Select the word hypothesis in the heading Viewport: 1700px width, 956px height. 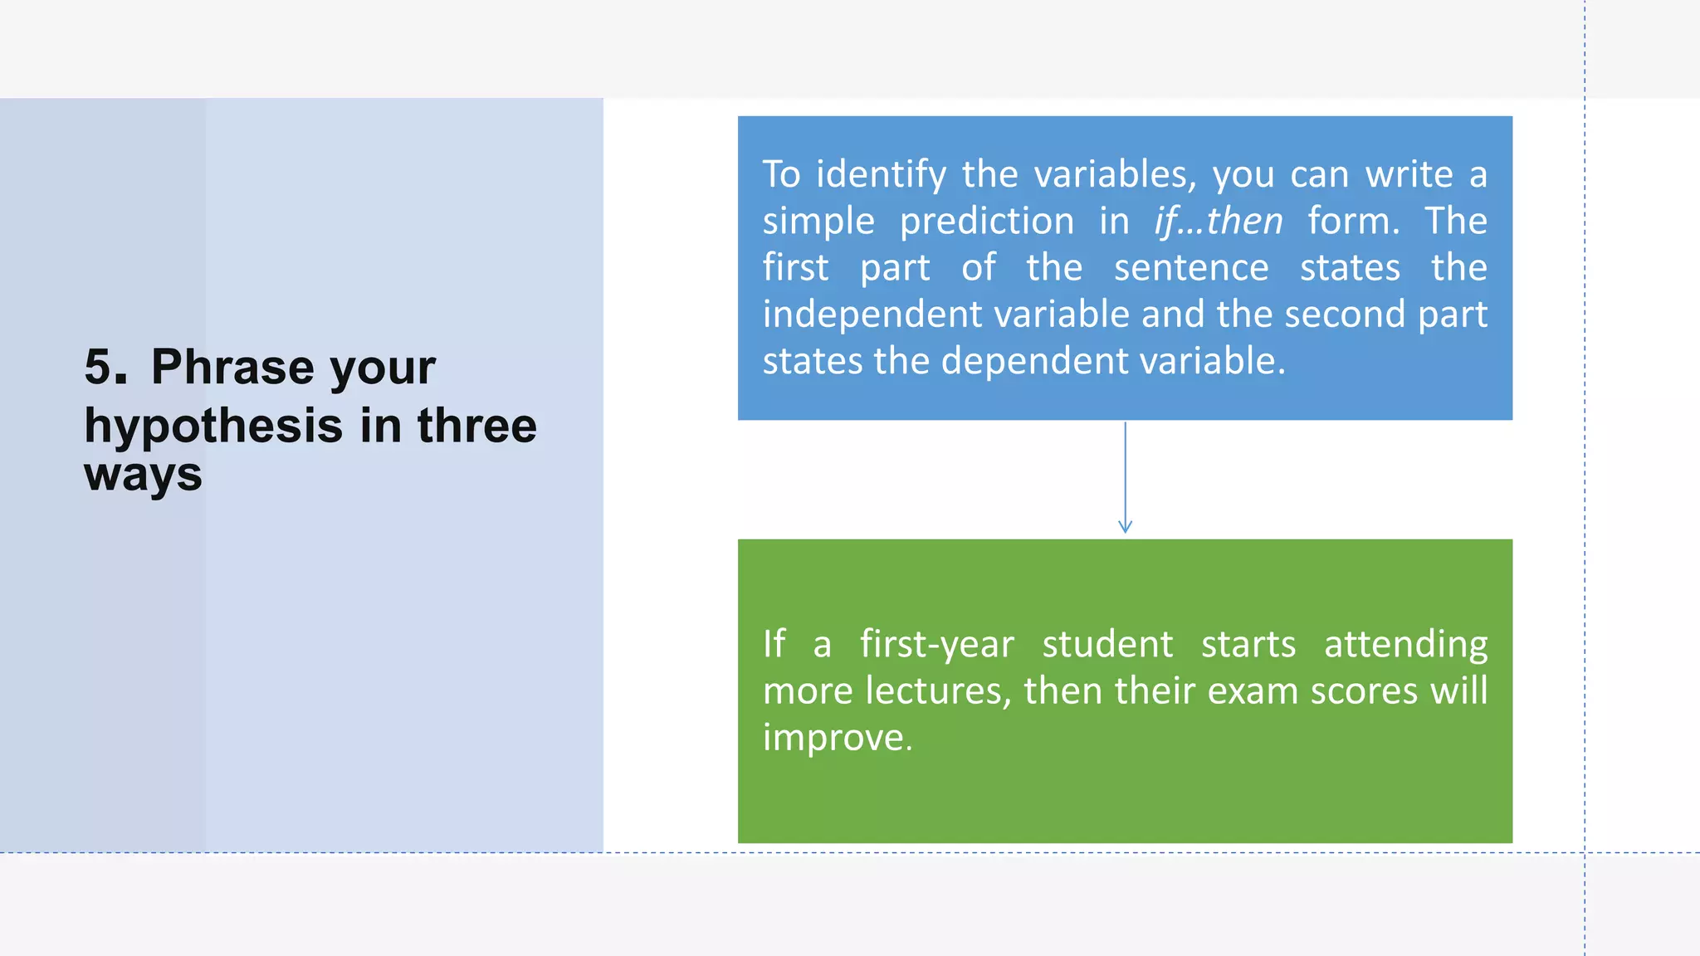click(213, 427)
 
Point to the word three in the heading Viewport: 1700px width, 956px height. click(476, 427)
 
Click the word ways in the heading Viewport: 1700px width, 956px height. click(143, 476)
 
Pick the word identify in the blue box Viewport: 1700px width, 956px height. click(881, 175)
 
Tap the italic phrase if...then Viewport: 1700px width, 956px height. click(1218, 222)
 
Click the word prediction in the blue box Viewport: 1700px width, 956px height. click(986, 222)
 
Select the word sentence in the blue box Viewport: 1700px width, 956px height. click(1191, 268)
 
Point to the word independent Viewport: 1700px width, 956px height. click(872, 315)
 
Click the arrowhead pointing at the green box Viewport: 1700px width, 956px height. click(1125, 527)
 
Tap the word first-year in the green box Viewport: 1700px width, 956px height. click(936, 645)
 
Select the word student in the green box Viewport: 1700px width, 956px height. click(1107, 645)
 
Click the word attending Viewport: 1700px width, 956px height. click(1405, 645)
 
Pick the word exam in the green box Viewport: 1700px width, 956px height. click(1252, 691)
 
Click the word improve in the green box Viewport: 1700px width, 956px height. click(837, 738)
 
